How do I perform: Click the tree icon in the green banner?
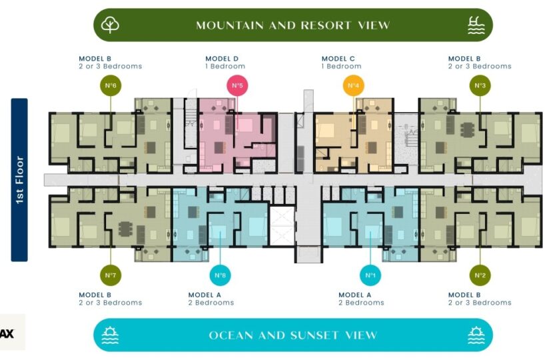(110, 25)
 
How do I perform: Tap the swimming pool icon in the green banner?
(476, 25)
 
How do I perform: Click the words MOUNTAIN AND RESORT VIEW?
(292, 25)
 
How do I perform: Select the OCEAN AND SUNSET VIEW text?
(292, 335)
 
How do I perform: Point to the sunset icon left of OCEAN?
(110, 335)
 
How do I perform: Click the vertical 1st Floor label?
(19, 179)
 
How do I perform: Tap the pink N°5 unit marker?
(237, 85)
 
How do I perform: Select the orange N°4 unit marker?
(353, 85)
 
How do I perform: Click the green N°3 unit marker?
(480, 85)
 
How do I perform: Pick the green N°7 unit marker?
(110, 275)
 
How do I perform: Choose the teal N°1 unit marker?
(370, 275)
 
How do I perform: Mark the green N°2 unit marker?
(480, 275)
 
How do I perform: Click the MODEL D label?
(222, 59)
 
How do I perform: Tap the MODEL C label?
(338, 59)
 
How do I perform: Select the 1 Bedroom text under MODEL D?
(225, 67)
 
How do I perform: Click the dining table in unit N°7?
(125, 229)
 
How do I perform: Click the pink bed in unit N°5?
(245, 125)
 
